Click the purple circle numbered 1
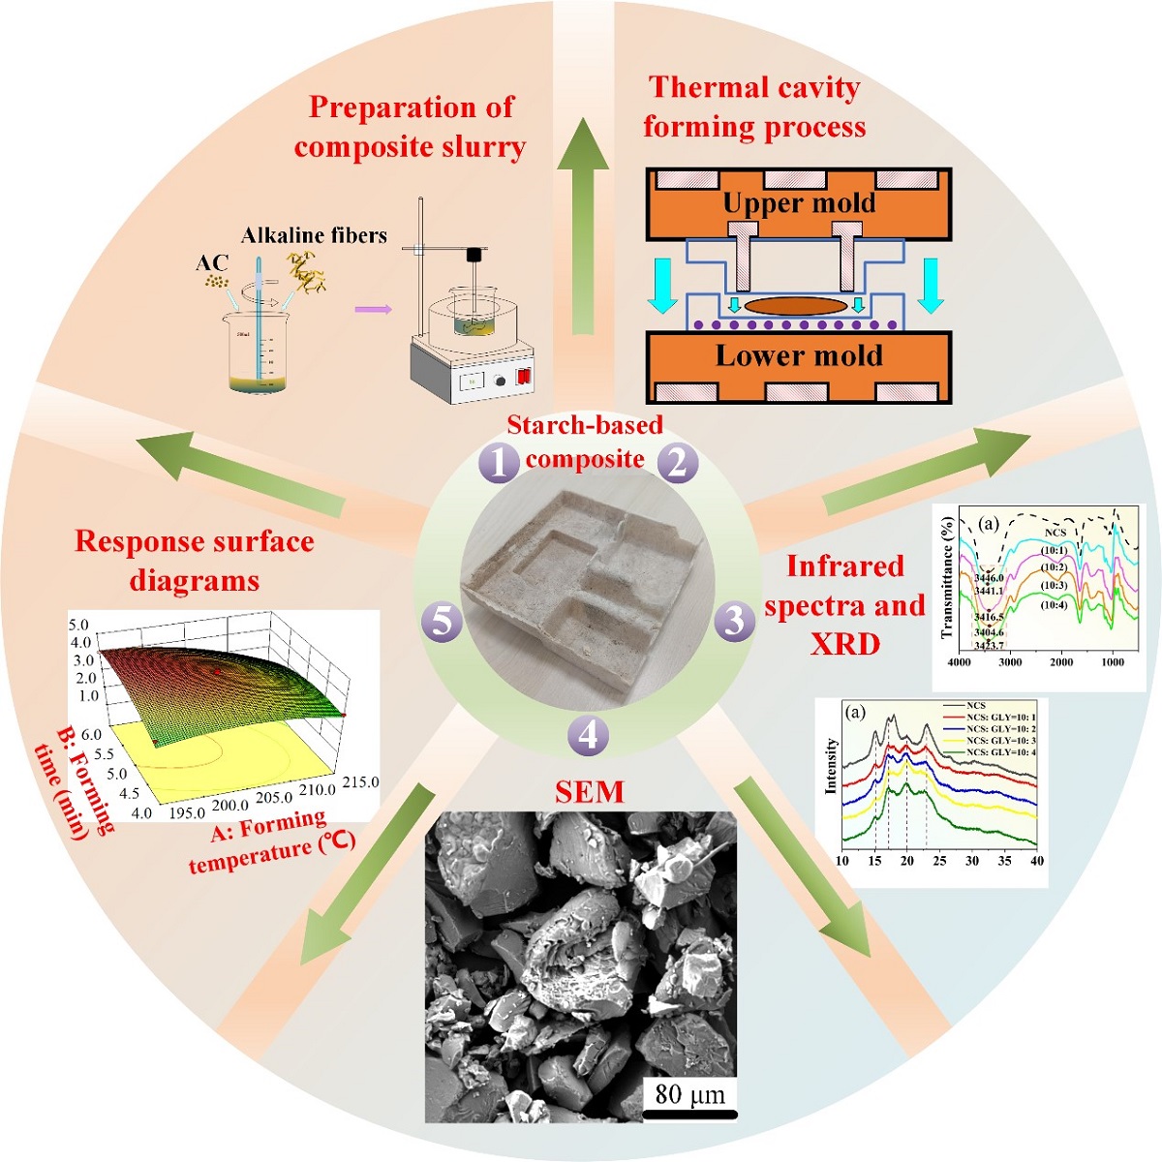pos(500,463)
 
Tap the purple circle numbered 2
pos(677,463)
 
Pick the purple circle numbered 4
pos(588,736)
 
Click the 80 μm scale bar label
pos(689,1095)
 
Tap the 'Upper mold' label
pos(799,203)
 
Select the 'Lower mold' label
pos(799,355)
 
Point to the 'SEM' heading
pos(589,793)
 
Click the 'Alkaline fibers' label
pos(314,235)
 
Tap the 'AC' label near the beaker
pos(212,263)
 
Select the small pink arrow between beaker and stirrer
pos(373,310)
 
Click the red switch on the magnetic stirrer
pos(524,376)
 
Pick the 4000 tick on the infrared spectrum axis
pos(959,662)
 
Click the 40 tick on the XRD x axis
pos(1037,861)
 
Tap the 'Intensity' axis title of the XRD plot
pos(831,766)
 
